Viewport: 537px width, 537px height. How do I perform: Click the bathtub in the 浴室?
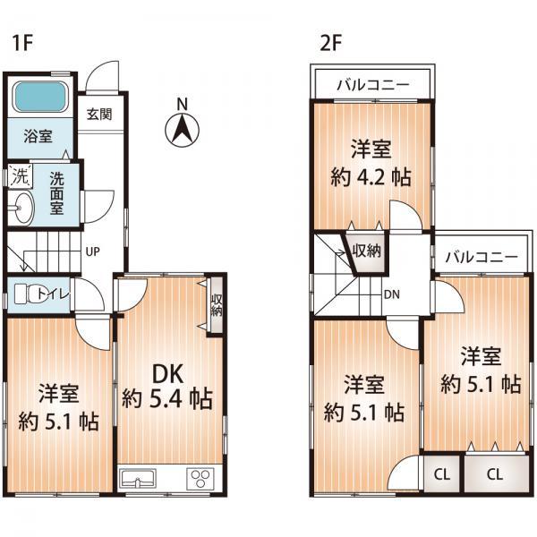(x=41, y=98)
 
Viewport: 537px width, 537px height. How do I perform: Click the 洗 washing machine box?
(x=19, y=176)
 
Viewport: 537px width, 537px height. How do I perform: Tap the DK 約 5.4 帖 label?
(x=168, y=384)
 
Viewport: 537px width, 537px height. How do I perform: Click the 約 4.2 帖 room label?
(x=371, y=164)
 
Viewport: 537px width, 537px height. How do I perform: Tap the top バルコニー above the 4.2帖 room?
(x=372, y=85)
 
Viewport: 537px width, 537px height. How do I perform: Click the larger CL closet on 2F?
(x=496, y=474)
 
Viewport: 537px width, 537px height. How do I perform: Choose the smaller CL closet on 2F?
(x=441, y=474)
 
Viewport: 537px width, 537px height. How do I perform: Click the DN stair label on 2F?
(x=391, y=293)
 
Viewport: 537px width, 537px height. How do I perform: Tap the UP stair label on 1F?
(x=92, y=251)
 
